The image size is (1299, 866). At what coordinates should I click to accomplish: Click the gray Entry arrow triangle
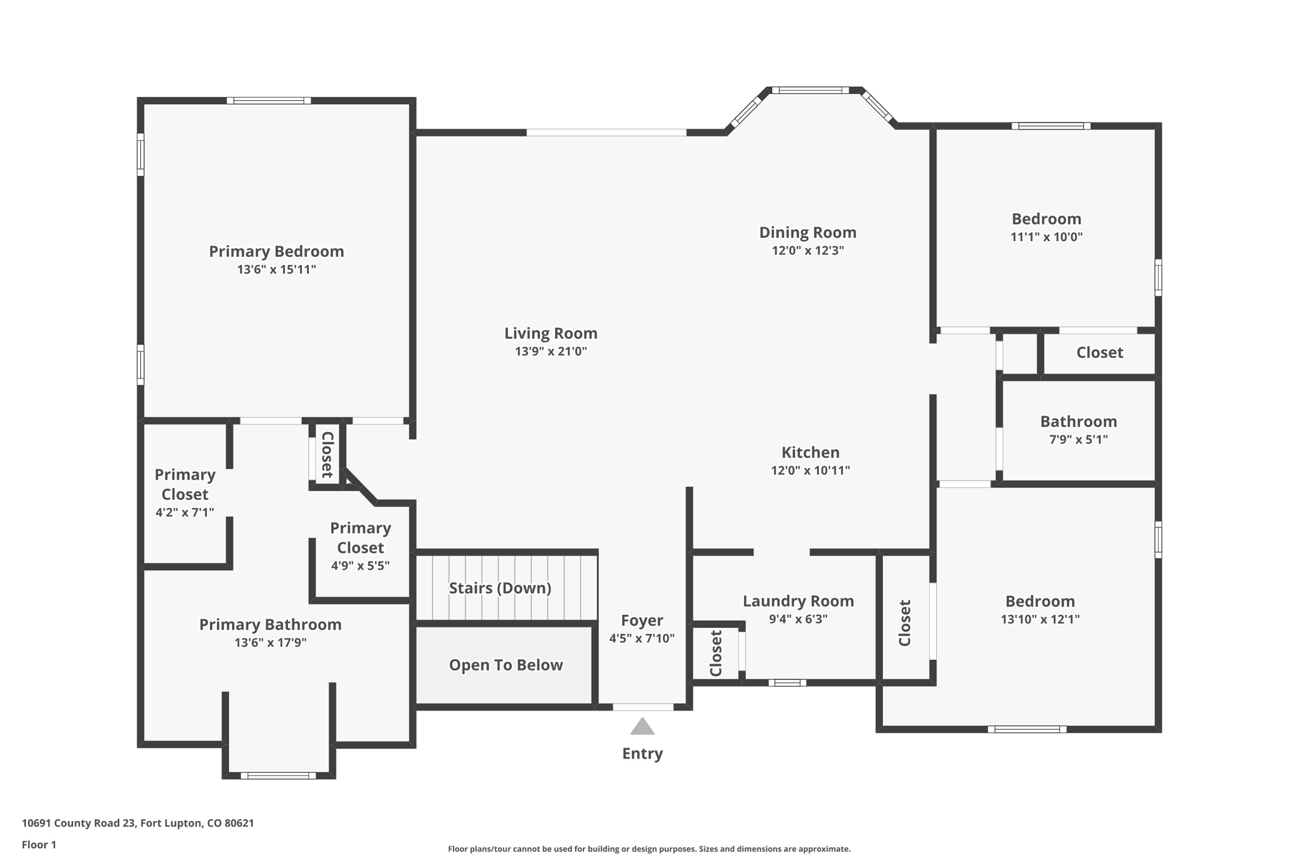click(x=642, y=726)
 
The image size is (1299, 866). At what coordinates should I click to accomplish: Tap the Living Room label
click(x=551, y=333)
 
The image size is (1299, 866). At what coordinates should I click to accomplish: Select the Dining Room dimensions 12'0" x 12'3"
click(x=807, y=250)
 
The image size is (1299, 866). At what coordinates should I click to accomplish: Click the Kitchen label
click(x=810, y=452)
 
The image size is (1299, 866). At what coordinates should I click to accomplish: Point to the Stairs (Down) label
click(x=500, y=588)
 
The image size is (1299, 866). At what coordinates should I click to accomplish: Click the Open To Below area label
click(x=506, y=665)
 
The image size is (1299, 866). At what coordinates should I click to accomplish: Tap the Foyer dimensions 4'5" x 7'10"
click(x=642, y=638)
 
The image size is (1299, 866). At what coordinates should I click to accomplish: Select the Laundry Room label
click(x=798, y=601)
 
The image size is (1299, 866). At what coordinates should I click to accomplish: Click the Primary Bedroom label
click(x=277, y=251)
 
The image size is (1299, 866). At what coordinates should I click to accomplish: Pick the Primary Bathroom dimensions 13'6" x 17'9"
click(x=270, y=642)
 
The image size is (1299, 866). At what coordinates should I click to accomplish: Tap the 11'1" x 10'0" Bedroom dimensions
click(x=1047, y=237)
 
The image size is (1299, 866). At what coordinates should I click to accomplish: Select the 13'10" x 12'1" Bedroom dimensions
click(x=1040, y=619)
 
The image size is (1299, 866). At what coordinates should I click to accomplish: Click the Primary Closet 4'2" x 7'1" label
click(x=185, y=493)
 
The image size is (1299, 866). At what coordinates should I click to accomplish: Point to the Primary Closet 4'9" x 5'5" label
click(x=360, y=546)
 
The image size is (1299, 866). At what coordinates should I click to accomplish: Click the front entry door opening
click(x=643, y=707)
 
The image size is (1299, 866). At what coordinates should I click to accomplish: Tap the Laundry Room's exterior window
click(x=787, y=683)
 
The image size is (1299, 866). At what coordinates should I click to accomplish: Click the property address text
click(x=138, y=823)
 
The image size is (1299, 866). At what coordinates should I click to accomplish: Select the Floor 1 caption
click(x=39, y=844)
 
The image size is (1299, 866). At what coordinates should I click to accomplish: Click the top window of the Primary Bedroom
click(x=269, y=100)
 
